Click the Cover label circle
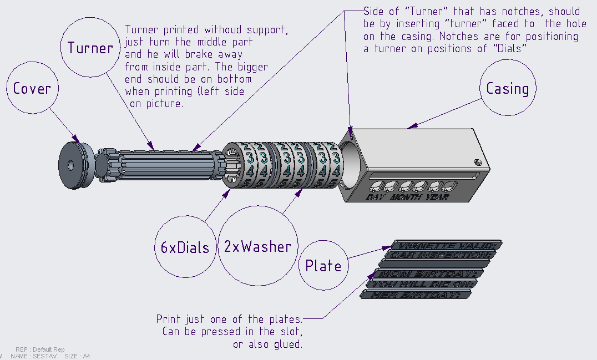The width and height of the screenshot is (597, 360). click(32, 88)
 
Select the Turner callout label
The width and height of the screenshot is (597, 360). click(90, 48)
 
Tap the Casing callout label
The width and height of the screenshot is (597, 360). click(507, 88)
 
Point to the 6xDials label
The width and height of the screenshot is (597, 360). click(185, 247)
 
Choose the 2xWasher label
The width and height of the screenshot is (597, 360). click(257, 247)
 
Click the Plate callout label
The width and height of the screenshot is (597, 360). click(323, 265)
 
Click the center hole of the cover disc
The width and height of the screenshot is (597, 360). click(72, 165)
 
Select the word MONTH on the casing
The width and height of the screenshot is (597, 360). click(406, 197)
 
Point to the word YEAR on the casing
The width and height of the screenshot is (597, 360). click(437, 197)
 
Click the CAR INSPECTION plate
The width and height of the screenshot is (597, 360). click(439, 255)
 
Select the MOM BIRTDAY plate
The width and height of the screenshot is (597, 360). click(427, 274)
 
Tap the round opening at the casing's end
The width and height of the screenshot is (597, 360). click(348, 164)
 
